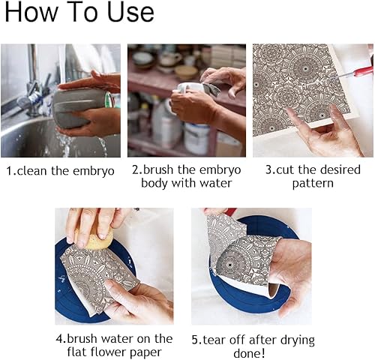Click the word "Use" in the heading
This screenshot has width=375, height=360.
130,12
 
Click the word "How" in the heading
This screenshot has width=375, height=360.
31,12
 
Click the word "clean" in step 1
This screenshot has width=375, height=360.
32,171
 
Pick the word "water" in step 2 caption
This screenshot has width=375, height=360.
215,183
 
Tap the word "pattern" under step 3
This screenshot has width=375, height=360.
313,184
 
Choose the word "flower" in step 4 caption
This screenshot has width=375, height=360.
109,352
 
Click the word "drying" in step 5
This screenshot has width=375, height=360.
297,340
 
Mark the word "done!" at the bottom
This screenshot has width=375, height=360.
249,353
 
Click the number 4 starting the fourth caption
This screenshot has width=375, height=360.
59,339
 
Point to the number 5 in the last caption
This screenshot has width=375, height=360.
195,340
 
